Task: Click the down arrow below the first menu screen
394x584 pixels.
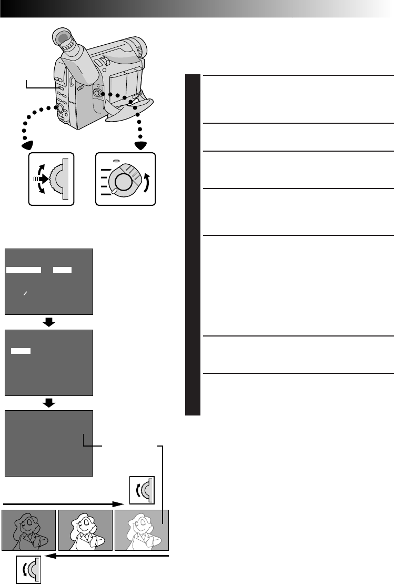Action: tap(49, 322)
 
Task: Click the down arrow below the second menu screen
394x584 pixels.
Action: tap(49, 402)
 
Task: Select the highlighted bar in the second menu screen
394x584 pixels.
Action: tap(21, 350)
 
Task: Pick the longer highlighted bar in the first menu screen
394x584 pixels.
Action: tap(24, 270)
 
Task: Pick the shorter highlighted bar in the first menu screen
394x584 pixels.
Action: tap(63, 270)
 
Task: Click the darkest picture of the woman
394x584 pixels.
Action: tap(29, 530)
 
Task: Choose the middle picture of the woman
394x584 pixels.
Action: tap(85, 530)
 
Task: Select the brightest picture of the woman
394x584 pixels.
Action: tap(141, 530)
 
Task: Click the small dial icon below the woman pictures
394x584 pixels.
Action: tap(28, 569)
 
